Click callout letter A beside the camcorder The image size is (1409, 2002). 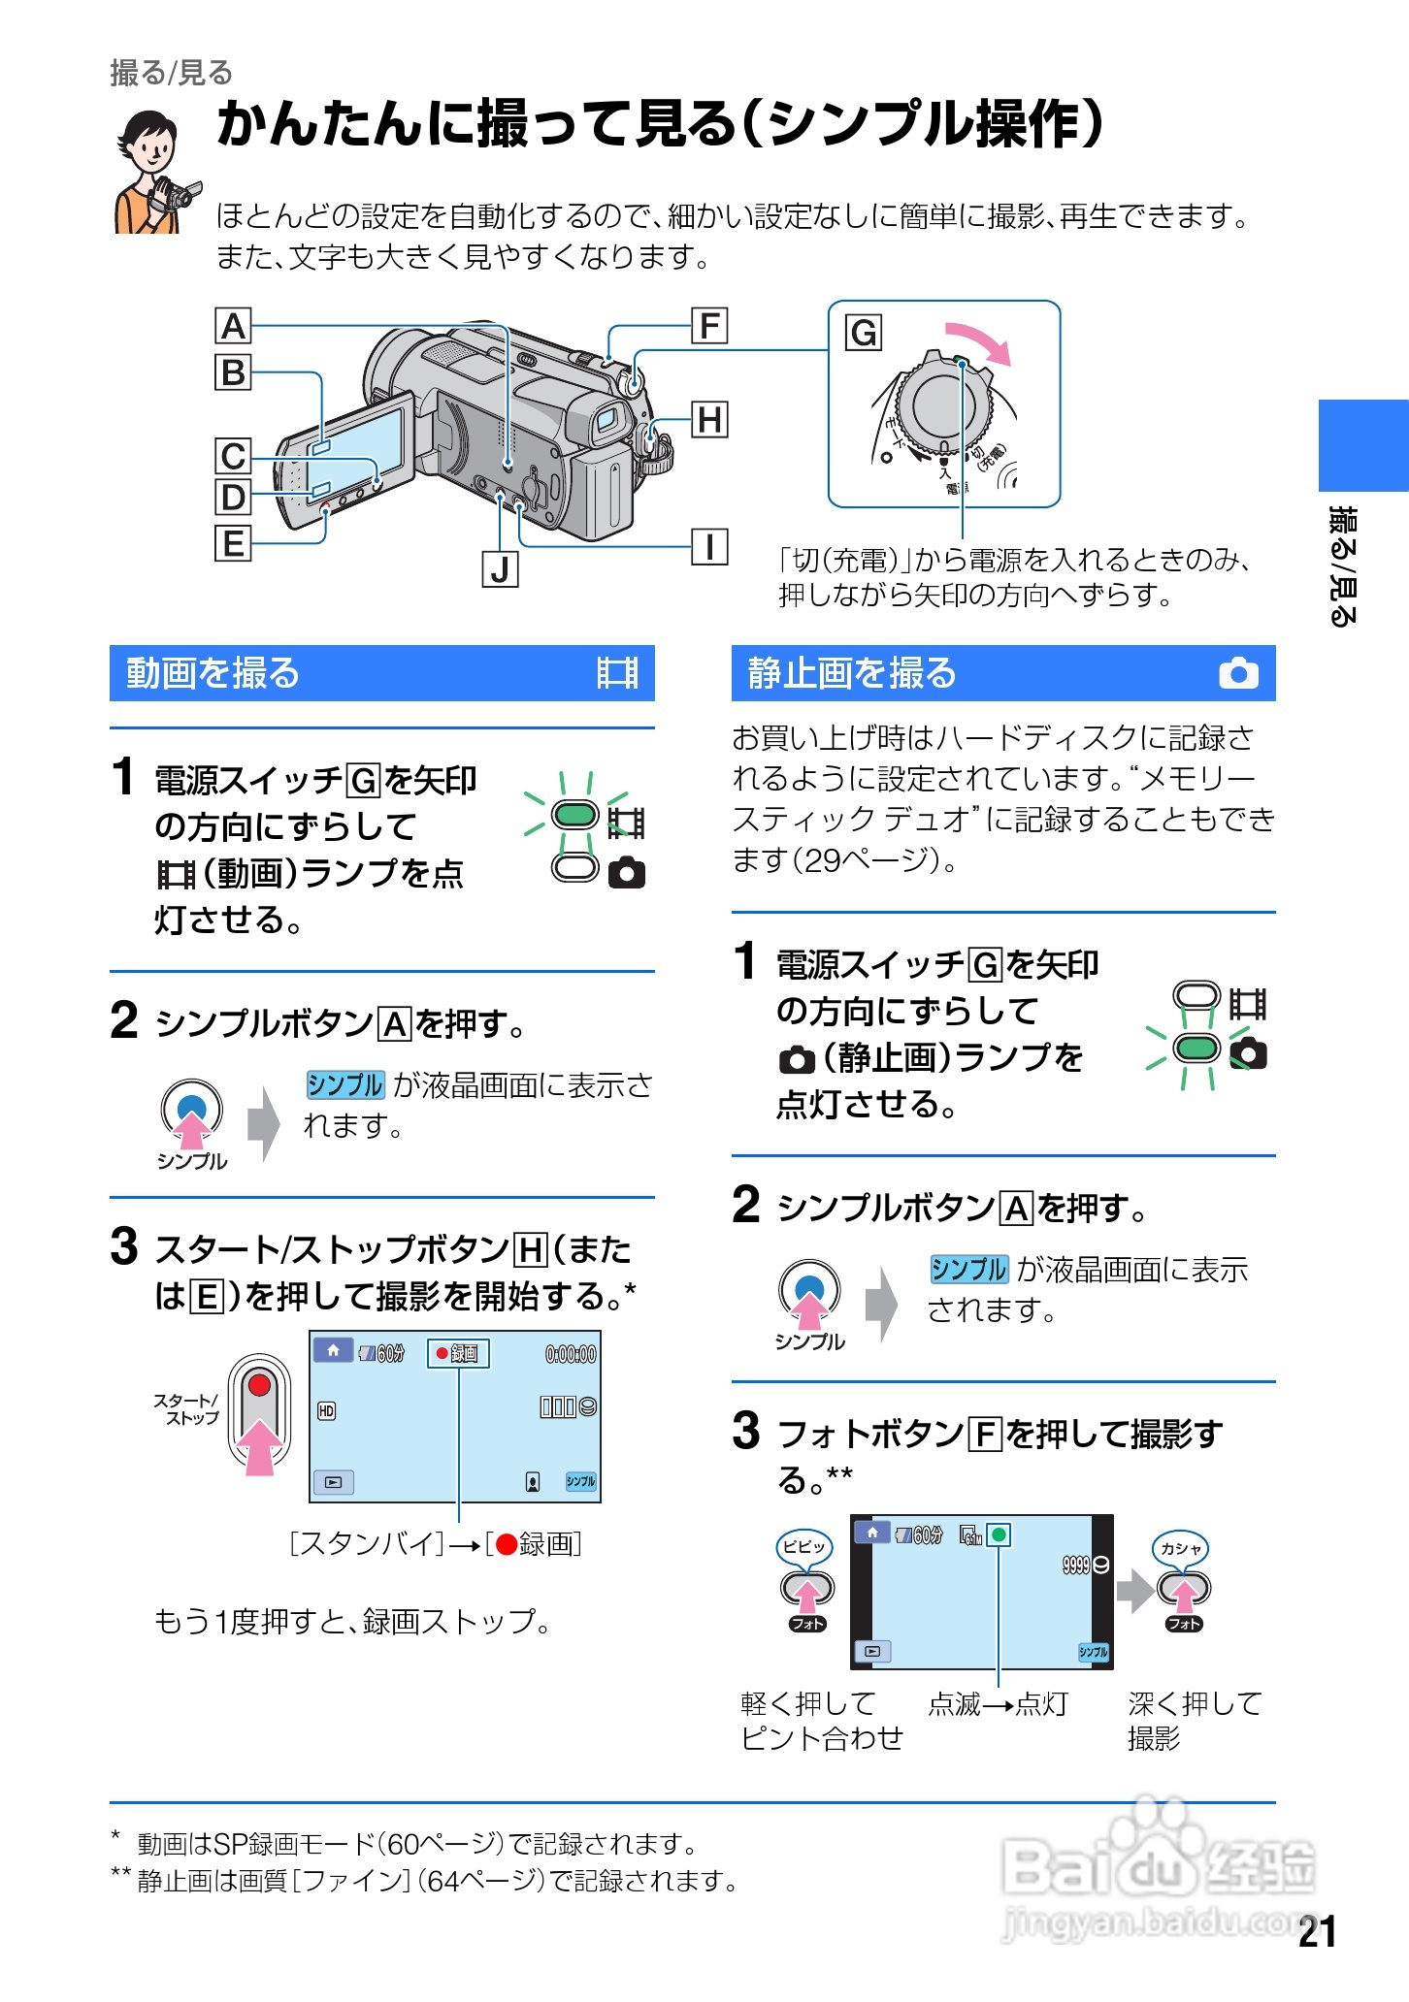click(x=233, y=326)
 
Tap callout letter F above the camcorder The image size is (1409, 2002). click(x=709, y=326)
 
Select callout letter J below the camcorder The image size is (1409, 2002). click(x=500, y=569)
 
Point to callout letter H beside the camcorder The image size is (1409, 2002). click(x=709, y=420)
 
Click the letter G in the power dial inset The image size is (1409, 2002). click(x=863, y=333)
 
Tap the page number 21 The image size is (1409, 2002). click(x=1317, y=1931)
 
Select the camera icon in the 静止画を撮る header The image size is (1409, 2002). click(x=1238, y=673)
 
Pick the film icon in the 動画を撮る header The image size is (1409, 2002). click(x=617, y=673)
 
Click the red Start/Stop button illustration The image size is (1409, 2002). click(x=259, y=1385)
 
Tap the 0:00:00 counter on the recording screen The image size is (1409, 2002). click(x=571, y=1354)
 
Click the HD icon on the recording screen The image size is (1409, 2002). click(x=327, y=1410)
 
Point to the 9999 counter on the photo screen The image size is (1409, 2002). click(x=1076, y=1565)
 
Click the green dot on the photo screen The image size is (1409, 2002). click(x=999, y=1534)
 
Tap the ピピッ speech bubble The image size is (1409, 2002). click(x=804, y=1546)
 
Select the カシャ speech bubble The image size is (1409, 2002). click(x=1181, y=1548)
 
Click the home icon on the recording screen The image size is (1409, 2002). click(x=333, y=1350)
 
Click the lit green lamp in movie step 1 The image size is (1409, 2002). click(x=574, y=815)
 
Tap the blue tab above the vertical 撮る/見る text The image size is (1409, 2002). click(x=1362, y=445)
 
